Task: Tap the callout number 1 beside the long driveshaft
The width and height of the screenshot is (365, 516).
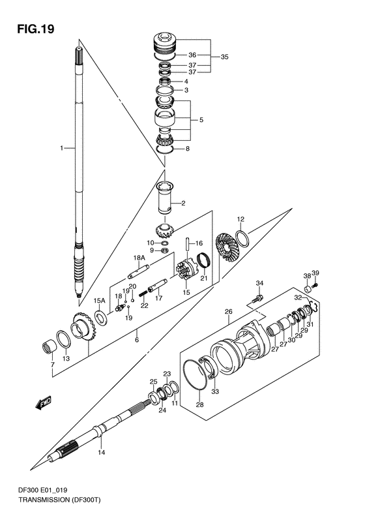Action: coord(62,149)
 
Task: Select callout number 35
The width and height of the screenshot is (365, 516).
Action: coord(224,57)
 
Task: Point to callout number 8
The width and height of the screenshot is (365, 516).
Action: coord(187,149)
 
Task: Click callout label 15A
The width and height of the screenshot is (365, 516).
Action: coord(99,300)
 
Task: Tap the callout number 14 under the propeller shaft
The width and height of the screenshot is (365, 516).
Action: coord(101,452)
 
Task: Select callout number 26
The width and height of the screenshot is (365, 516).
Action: coord(228,312)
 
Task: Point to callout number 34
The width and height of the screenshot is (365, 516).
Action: coord(259,283)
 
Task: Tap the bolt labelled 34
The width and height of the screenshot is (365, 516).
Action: coord(255,298)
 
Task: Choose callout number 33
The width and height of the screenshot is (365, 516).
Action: coord(216,391)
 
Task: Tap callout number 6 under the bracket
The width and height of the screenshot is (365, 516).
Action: coord(136,339)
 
